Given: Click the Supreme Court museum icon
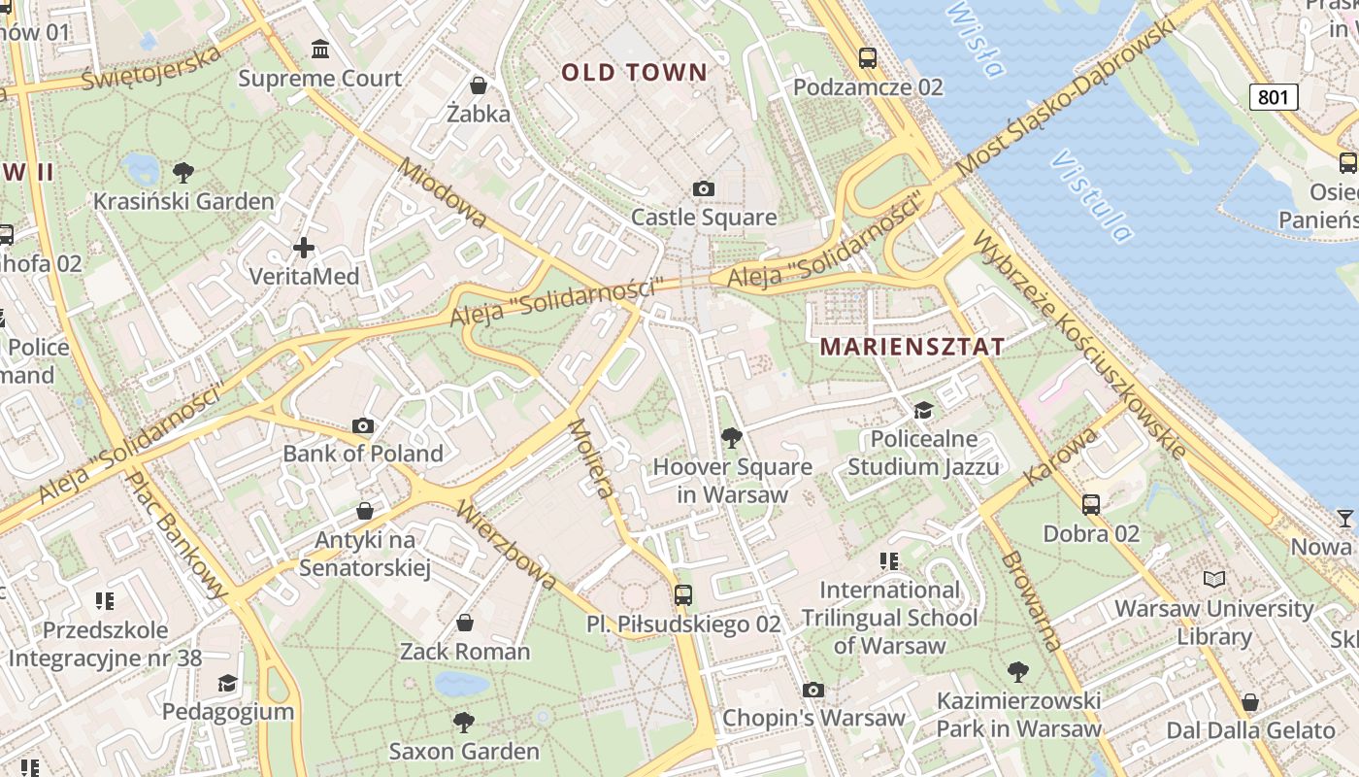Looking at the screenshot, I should (x=319, y=49).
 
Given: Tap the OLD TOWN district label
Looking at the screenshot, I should (x=635, y=72).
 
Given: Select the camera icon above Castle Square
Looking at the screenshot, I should (x=704, y=188).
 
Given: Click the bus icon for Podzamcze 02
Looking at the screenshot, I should (x=868, y=57).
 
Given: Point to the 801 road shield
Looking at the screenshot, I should (x=1273, y=96).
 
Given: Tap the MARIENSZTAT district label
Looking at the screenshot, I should (x=912, y=347).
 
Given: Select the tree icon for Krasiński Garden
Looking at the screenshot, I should (x=182, y=173).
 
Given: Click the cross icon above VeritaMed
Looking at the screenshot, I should (x=304, y=248).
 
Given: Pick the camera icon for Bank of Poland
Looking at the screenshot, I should (x=363, y=425).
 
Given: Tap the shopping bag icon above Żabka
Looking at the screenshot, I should (x=478, y=85).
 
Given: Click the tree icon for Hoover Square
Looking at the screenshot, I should (x=732, y=438).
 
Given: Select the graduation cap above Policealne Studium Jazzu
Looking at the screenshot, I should (x=923, y=411).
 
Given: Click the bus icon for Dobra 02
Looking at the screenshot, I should (x=1091, y=505).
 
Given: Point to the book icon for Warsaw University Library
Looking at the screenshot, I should (x=1213, y=580).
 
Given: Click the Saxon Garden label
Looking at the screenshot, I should (x=464, y=751).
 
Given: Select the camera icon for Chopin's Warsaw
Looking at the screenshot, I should (x=813, y=691).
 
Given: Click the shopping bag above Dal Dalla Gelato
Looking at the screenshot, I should (x=1250, y=702).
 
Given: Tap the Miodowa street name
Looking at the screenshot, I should (x=442, y=194).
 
